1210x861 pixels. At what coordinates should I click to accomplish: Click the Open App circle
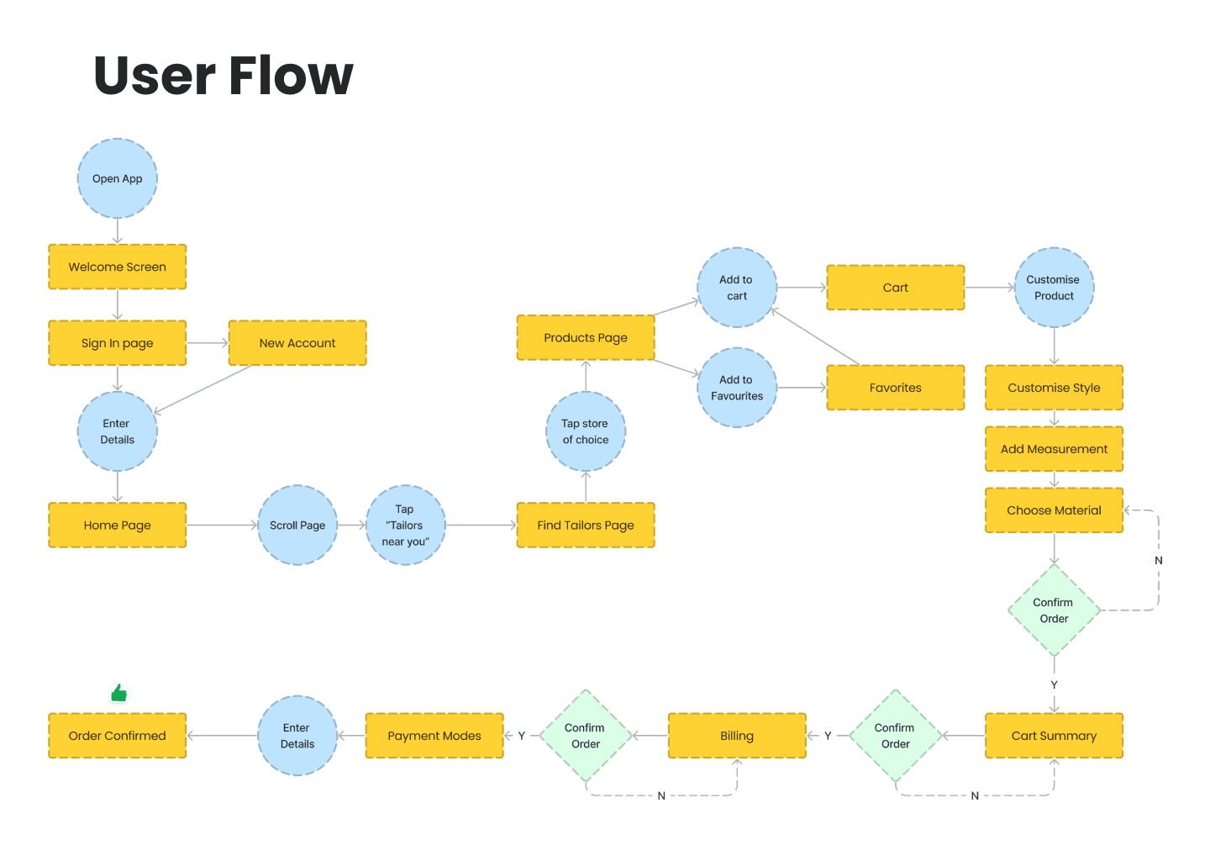point(118,178)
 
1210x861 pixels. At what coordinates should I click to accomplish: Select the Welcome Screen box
point(118,267)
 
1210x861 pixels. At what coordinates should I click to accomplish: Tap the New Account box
point(297,343)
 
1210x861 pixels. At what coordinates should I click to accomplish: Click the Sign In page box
point(118,343)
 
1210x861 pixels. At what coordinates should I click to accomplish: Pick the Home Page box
point(118,525)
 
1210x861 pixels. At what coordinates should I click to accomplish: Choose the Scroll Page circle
point(297,525)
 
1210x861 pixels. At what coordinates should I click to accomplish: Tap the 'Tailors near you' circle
point(406,525)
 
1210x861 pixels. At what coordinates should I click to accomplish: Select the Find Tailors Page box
point(586,525)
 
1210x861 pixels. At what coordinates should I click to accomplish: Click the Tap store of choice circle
point(586,431)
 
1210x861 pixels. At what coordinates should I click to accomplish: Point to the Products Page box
point(586,337)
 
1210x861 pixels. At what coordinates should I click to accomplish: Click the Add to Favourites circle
point(737,388)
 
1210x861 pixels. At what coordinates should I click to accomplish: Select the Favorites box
point(896,388)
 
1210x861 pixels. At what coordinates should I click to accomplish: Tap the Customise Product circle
point(1055,288)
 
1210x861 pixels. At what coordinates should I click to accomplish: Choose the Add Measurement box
point(1055,449)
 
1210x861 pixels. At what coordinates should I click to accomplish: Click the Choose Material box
point(1055,510)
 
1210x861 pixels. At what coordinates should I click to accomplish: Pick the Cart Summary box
point(1055,736)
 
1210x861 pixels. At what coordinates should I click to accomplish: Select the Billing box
point(737,736)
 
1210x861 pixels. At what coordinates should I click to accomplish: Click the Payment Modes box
point(434,736)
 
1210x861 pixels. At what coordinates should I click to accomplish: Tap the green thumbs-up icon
point(119,693)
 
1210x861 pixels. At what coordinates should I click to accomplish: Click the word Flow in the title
point(291,76)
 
